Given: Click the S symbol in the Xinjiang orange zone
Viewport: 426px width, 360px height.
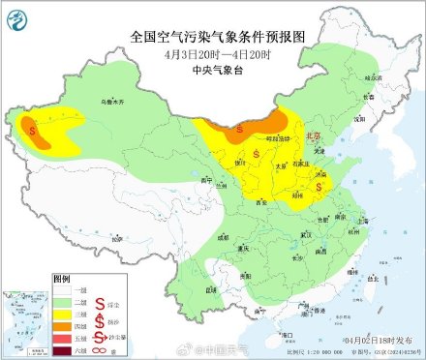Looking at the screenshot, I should [34, 126].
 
